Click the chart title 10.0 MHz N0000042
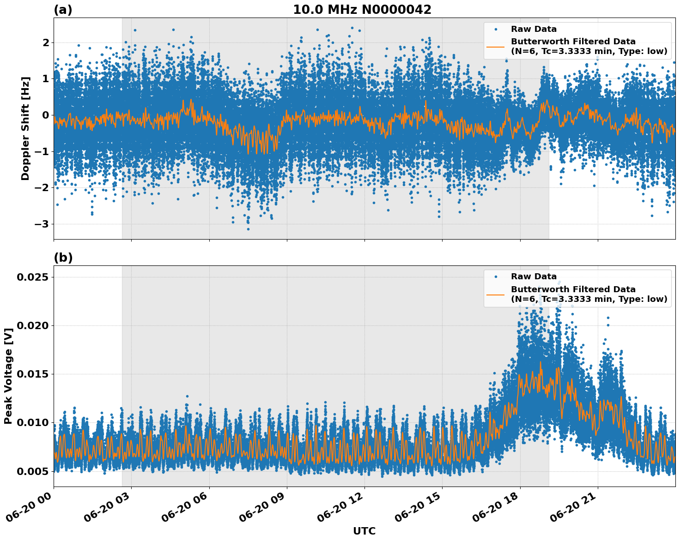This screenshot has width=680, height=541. [362, 10]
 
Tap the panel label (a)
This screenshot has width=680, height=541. [63, 10]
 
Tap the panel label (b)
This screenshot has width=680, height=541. [63, 258]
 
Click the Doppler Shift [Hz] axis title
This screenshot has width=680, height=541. [25, 128]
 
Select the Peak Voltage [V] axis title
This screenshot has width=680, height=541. [8, 376]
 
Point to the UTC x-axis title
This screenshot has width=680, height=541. [364, 531]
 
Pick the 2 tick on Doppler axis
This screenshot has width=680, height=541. [46, 42]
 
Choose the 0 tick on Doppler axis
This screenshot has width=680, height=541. [46, 115]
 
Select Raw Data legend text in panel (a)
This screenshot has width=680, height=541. [534, 29]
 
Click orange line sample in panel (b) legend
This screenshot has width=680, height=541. [496, 294]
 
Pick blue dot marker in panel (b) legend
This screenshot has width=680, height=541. [496, 277]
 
